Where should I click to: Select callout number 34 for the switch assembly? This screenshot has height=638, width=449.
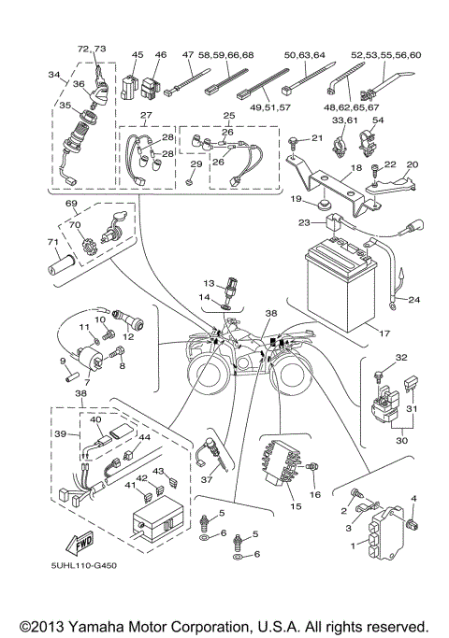click(53, 76)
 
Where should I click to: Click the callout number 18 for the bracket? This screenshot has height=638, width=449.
click(355, 171)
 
